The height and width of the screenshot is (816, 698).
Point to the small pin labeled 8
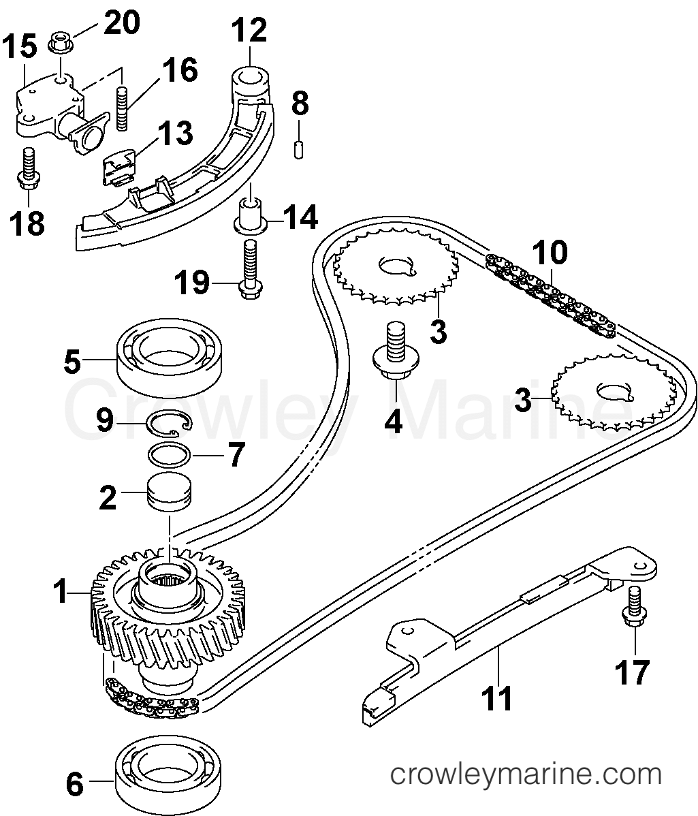(x=298, y=149)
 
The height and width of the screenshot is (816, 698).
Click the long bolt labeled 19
(x=249, y=269)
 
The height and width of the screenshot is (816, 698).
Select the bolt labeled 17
(x=633, y=606)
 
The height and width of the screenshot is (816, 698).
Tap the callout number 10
(x=550, y=253)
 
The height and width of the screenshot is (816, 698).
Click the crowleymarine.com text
(x=525, y=774)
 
